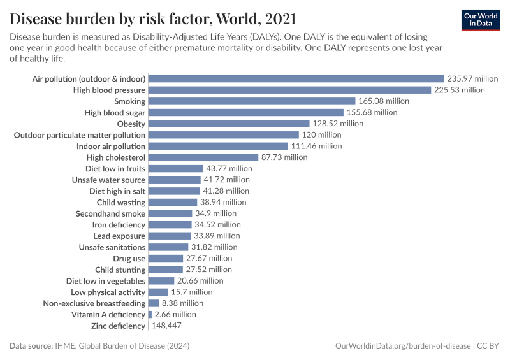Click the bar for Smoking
tap(251, 101)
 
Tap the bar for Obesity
tap(228, 124)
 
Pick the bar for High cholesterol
tap(203, 157)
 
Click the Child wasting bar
tap(173, 202)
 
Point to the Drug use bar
tap(165, 258)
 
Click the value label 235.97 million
tap(472, 78)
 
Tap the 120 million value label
tap(321, 135)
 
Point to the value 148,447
tap(166, 326)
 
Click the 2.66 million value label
tap(175, 314)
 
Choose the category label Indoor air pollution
tap(111, 146)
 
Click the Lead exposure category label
tap(119, 236)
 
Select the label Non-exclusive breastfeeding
tap(94, 303)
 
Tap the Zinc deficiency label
tap(118, 326)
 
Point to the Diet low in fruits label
tap(115, 168)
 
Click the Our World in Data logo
tap(480, 20)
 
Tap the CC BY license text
tap(490, 345)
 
